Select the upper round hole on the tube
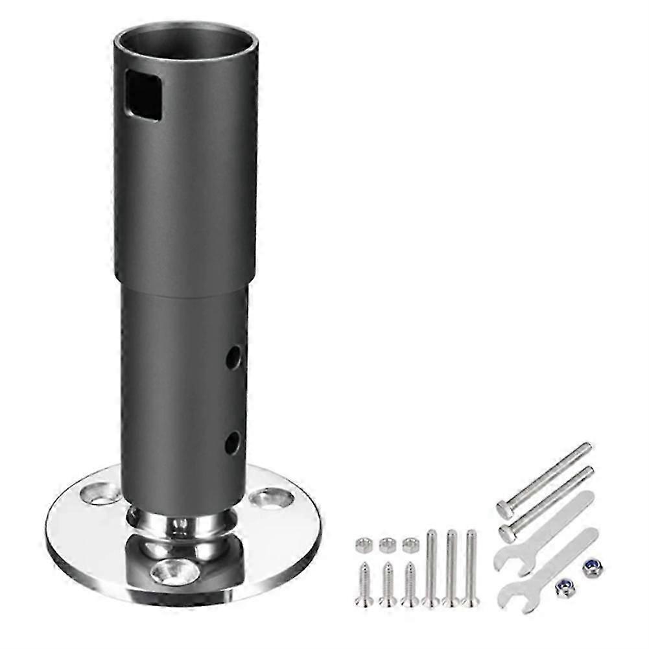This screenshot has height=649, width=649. click(x=233, y=356)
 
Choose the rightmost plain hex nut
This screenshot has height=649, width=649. click(x=410, y=545)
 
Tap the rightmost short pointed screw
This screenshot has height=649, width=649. click(x=409, y=583)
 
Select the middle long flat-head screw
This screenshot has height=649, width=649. click(x=451, y=568)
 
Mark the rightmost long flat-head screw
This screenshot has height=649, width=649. click(x=471, y=568)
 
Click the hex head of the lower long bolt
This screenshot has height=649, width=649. click(x=509, y=532)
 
